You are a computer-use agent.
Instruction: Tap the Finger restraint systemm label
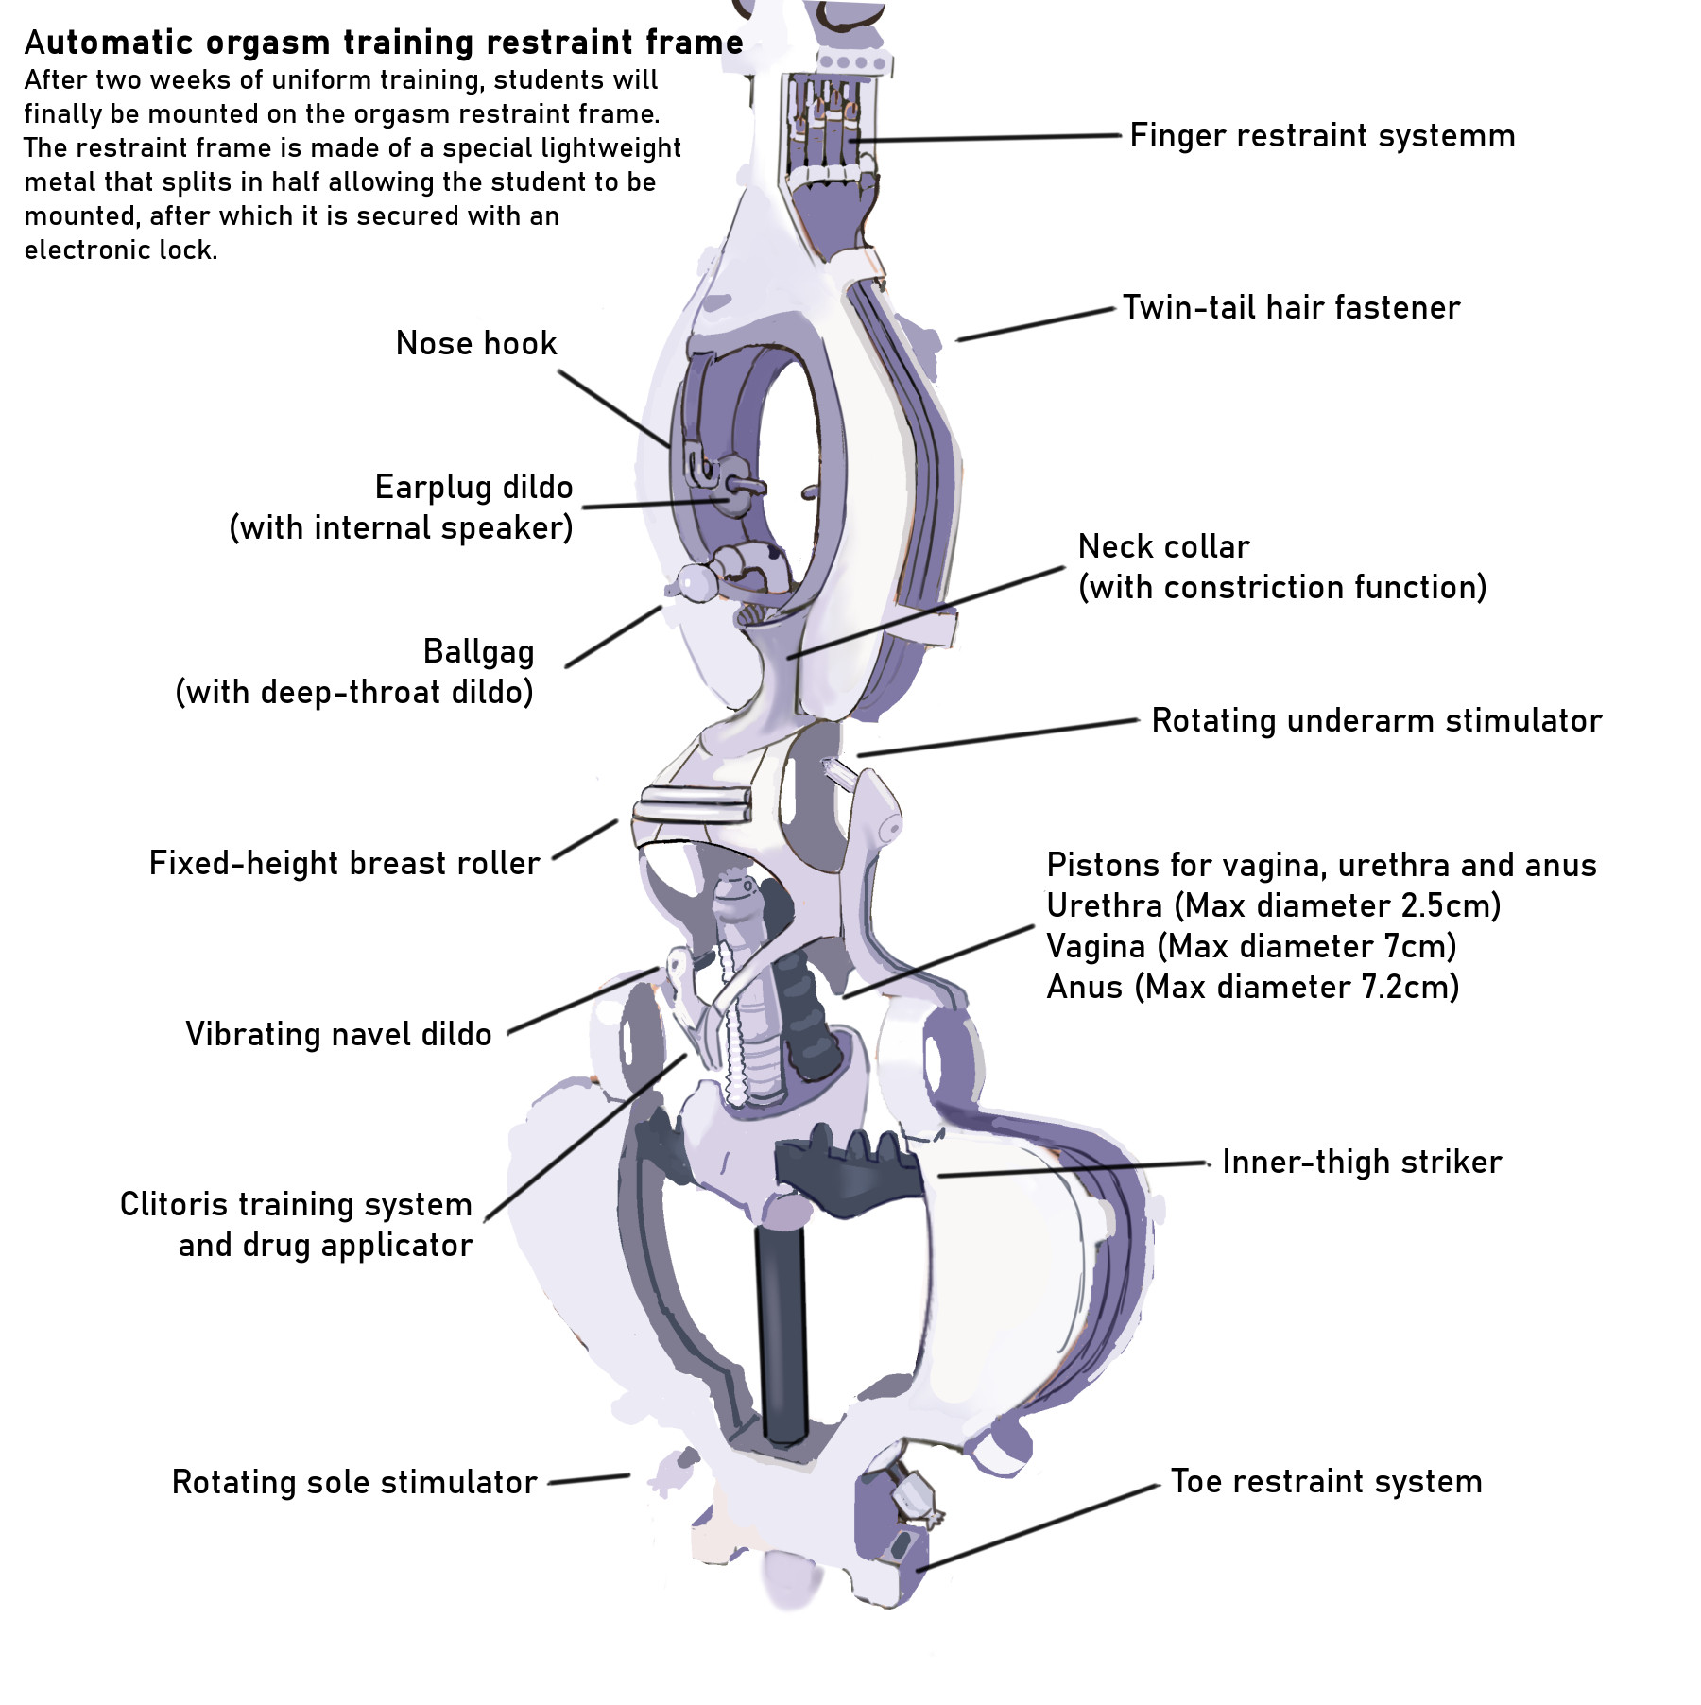pos(1322,136)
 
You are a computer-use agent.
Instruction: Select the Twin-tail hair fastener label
pos(1291,308)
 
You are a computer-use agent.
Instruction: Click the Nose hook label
pos(476,343)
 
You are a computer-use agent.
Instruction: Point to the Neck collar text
pos(1163,546)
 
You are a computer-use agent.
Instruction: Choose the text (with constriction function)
pos(1282,588)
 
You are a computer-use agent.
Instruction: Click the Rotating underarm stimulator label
pos(1376,721)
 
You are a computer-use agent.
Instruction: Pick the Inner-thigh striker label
pos(1361,1162)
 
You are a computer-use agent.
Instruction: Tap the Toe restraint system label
pos(1326,1482)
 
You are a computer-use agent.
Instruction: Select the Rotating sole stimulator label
pos(354,1483)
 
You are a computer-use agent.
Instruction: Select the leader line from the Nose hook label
pos(614,408)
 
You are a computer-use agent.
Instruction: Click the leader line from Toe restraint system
pos(1039,1528)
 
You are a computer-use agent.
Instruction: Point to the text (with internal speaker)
pos(401,528)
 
